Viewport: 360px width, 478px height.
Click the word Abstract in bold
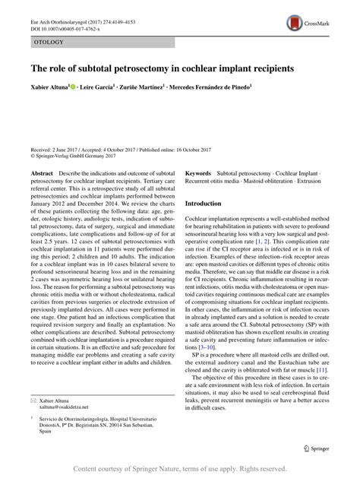(41, 174)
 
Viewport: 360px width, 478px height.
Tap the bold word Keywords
(199, 174)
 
